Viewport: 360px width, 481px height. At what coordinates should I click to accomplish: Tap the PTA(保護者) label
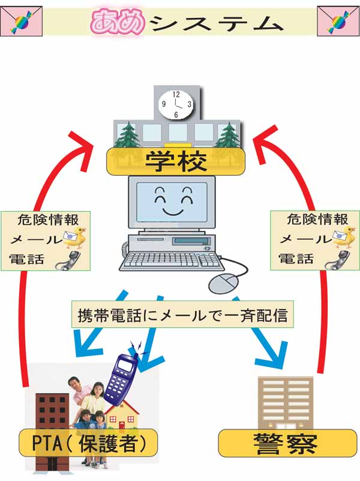[x=88, y=444]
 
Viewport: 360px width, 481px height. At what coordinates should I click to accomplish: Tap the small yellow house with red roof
[x=122, y=419]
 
